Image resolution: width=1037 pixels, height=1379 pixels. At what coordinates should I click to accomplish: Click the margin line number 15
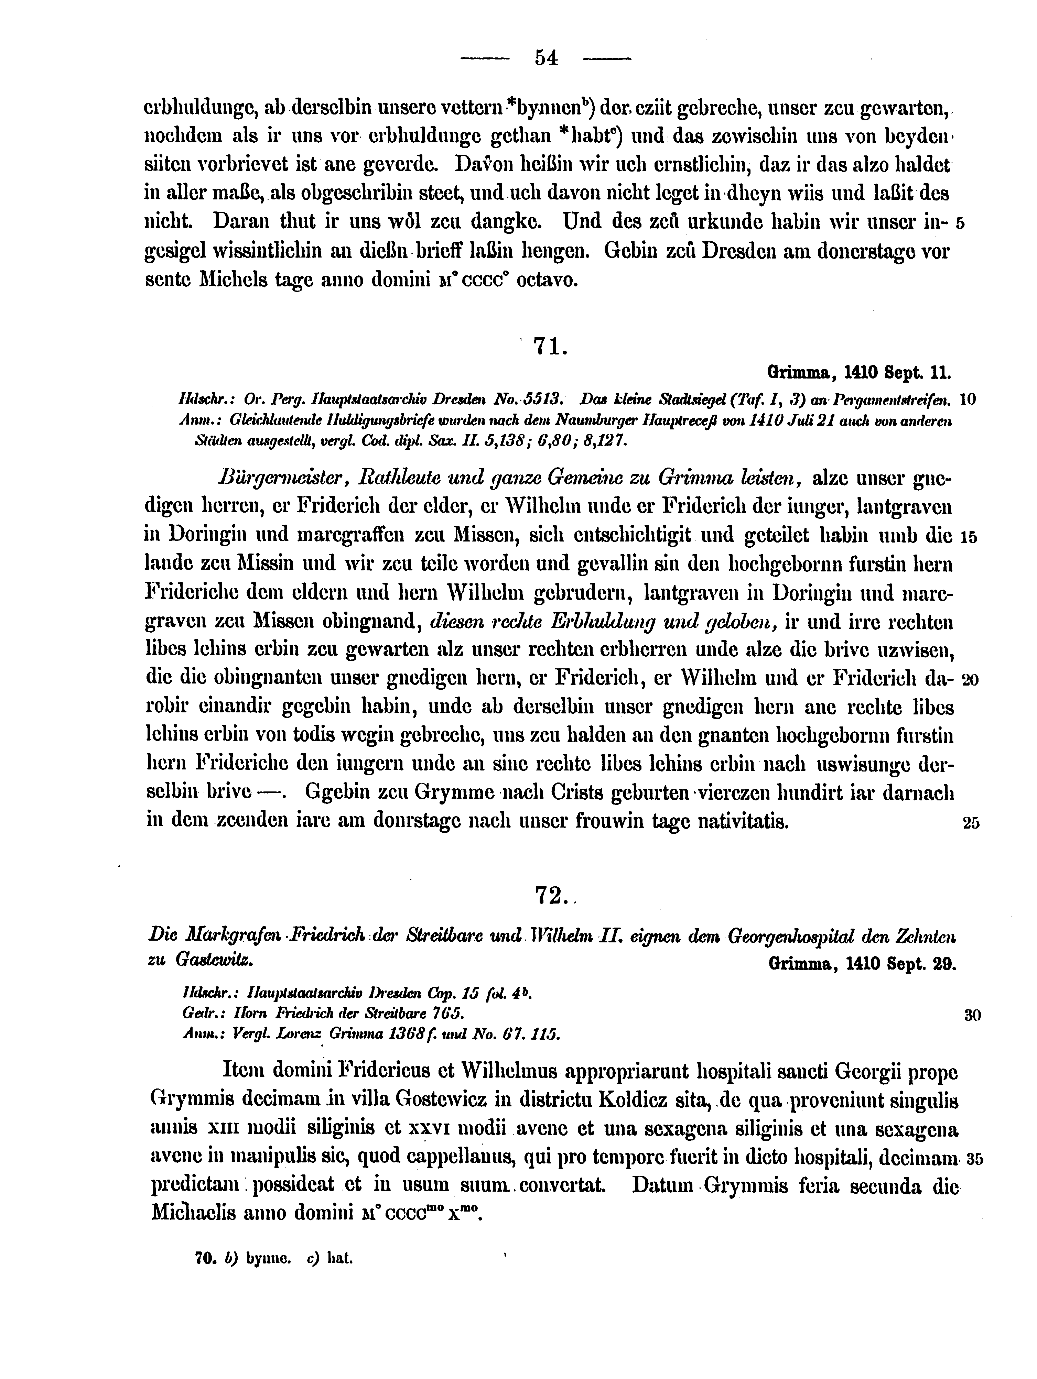click(969, 536)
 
